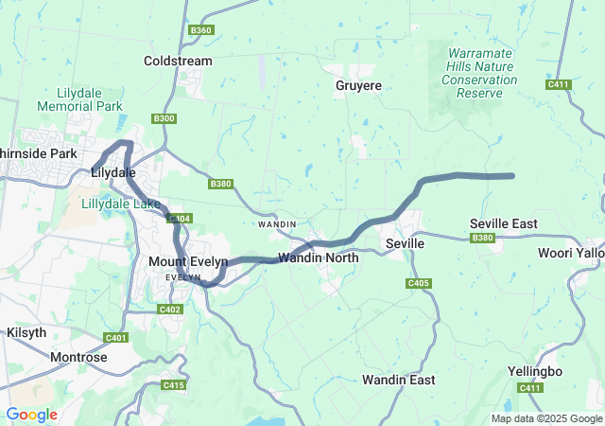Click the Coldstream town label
pyautogui.click(x=178, y=61)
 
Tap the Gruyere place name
pyautogui.click(x=358, y=85)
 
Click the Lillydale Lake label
pyautogui.click(x=120, y=204)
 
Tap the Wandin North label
pyautogui.click(x=319, y=257)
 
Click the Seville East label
pyautogui.click(x=504, y=223)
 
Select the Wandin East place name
pyautogui.click(x=399, y=380)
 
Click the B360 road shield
pyautogui.click(x=200, y=30)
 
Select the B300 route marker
pyautogui.click(x=164, y=118)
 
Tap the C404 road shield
pyautogui.click(x=180, y=219)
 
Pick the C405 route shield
pyautogui.click(x=419, y=283)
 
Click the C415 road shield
pyautogui.click(x=173, y=385)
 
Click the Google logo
pyautogui.click(x=31, y=415)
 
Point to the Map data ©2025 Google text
pyautogui.click(x=545, y=418)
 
